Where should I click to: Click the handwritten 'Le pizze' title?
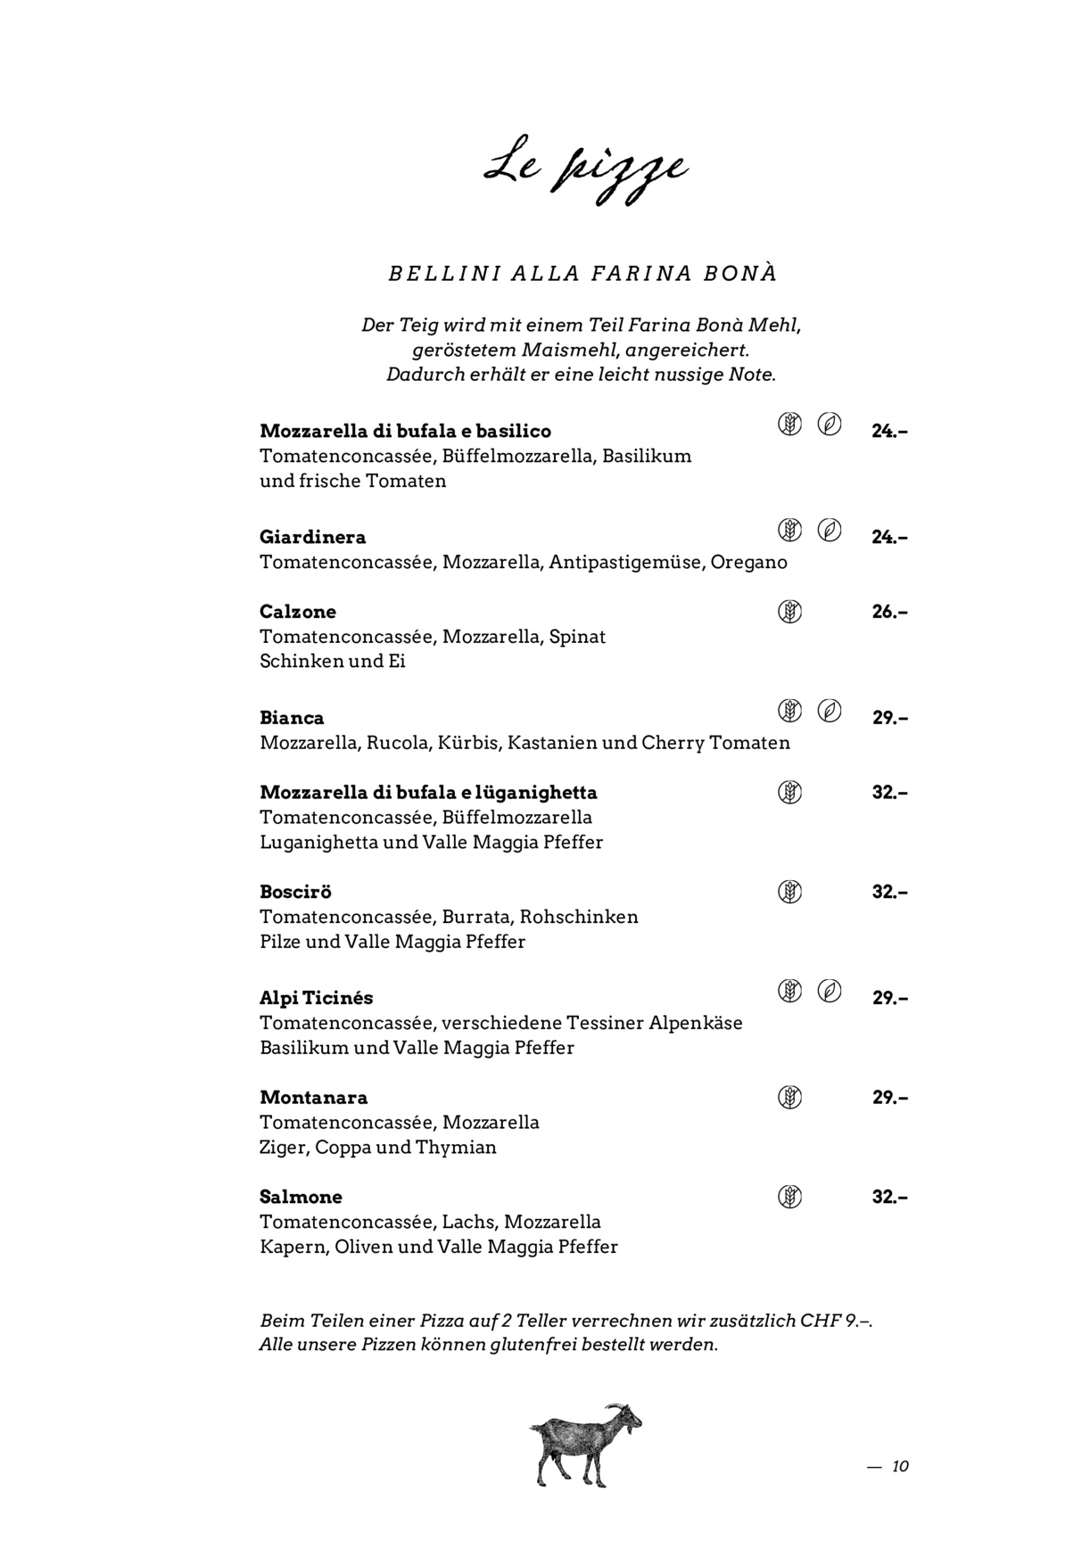585,172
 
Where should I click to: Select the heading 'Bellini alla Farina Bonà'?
582,274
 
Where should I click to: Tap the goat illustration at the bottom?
585,1444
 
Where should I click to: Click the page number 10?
900,1466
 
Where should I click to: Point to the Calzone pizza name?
298,612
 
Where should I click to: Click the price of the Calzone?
889,612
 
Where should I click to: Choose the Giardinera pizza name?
312,537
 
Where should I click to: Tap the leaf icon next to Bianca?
830,711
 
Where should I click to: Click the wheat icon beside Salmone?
789,1197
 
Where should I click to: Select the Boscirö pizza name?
295,892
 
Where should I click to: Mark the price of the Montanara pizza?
889,1098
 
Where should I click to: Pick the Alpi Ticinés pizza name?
316,998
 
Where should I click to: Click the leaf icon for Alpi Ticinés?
830,991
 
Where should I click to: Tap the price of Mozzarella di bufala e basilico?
889,431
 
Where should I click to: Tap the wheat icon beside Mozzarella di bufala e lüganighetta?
789,792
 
